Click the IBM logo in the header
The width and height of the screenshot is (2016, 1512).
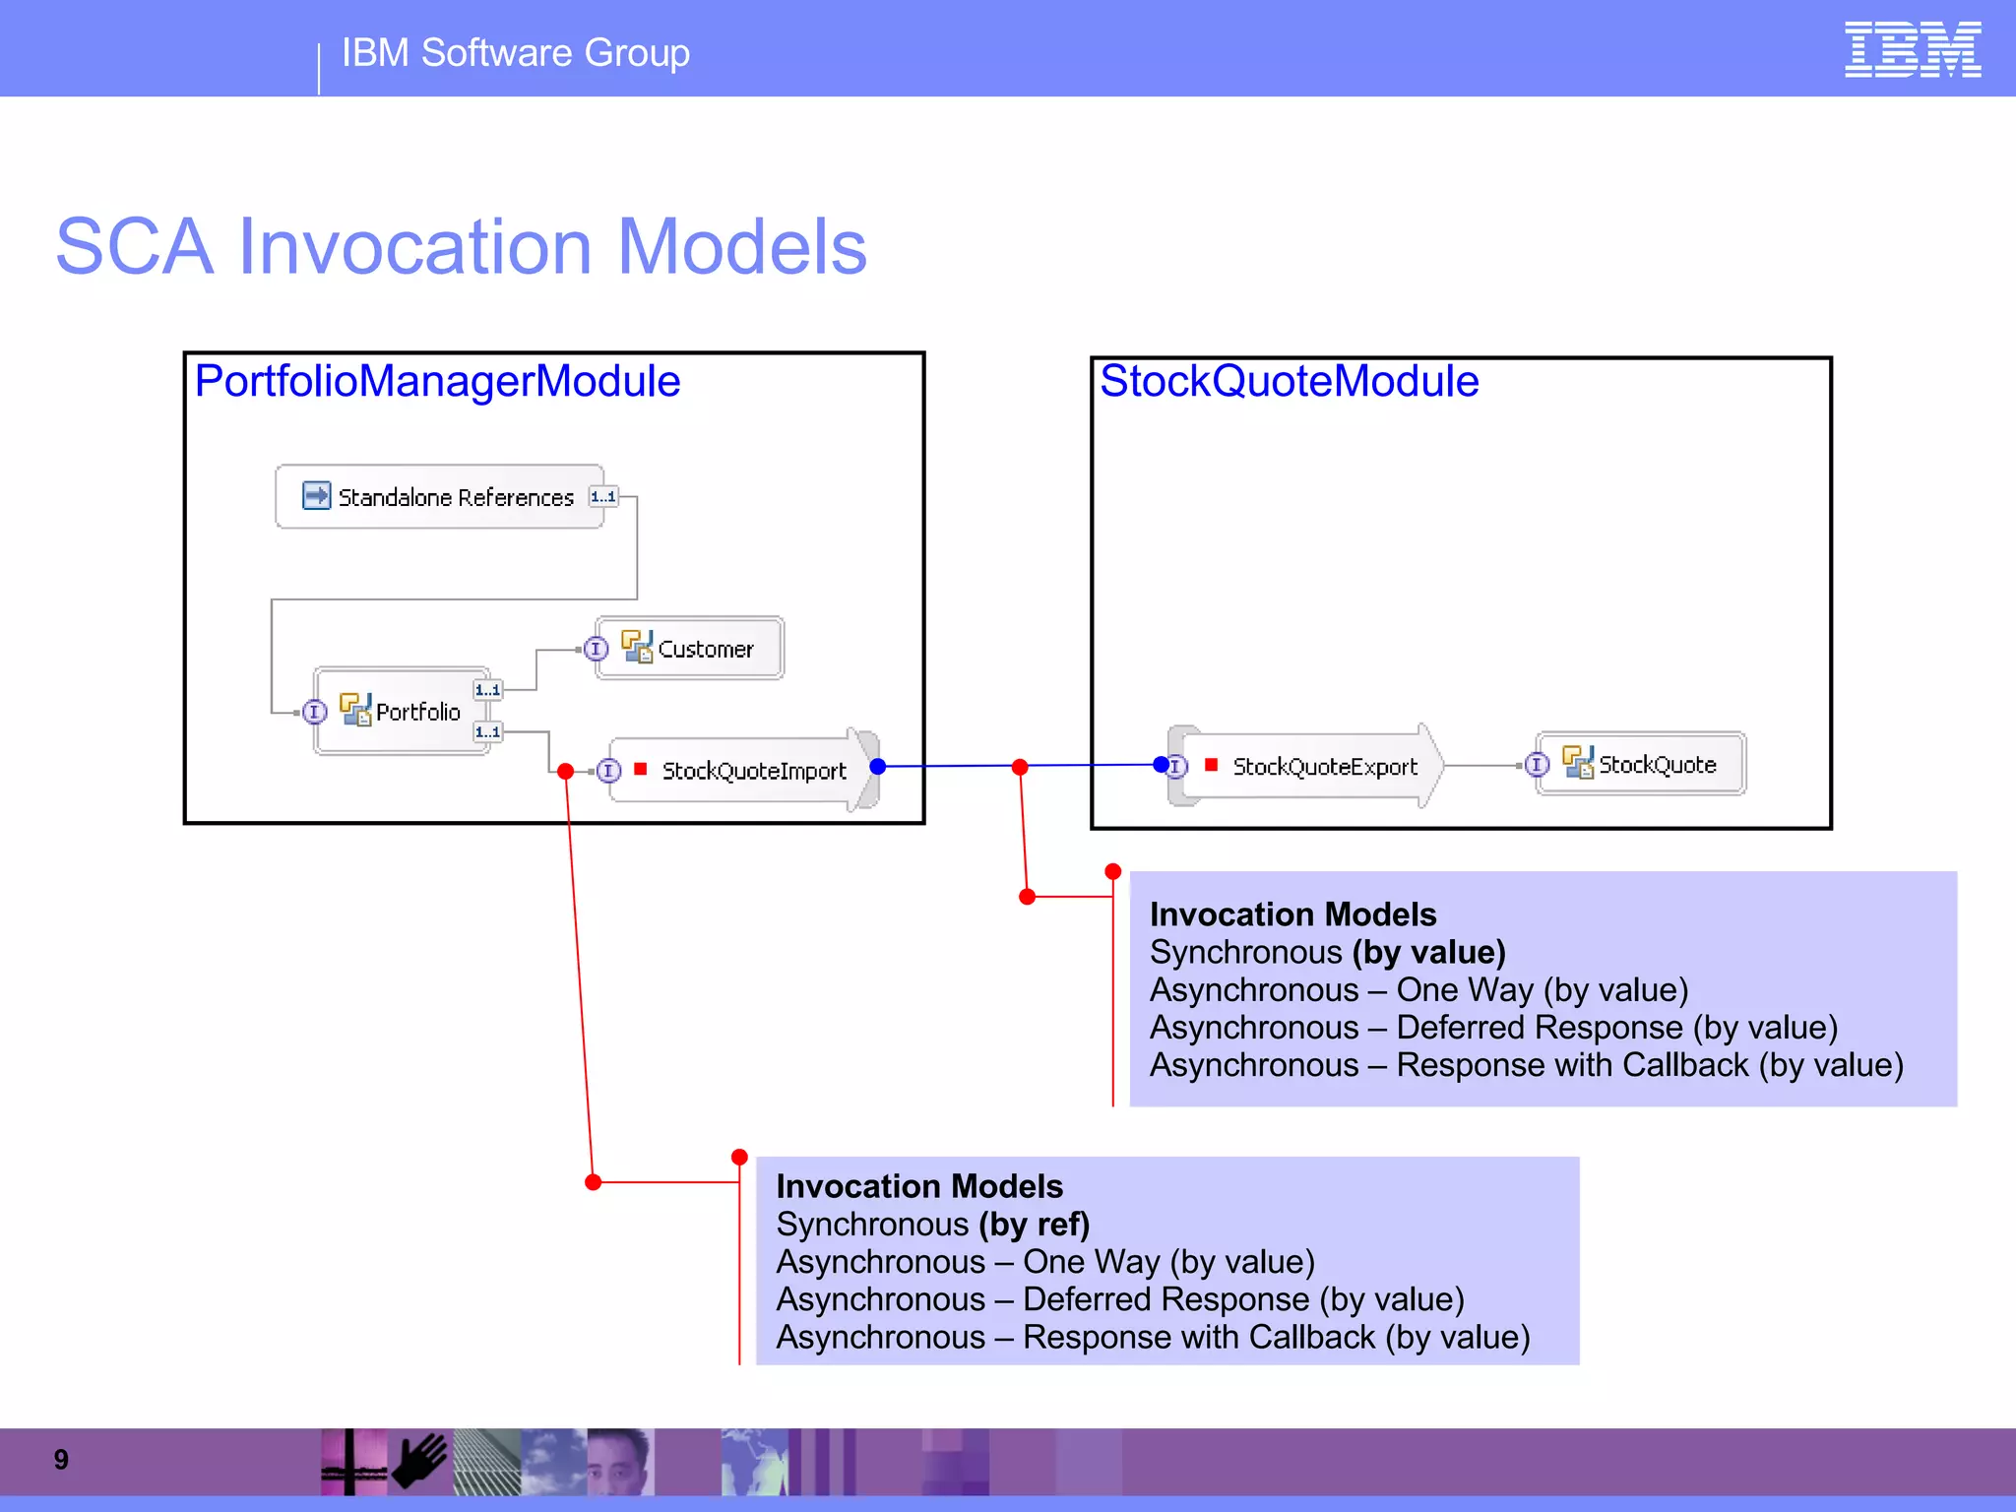(1912, 49)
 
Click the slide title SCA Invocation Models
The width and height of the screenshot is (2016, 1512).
(461, 246)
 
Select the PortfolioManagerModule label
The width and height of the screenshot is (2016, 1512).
(437, 381)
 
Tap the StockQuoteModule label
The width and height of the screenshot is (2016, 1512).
(1289, 381)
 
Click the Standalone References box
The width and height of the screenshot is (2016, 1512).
(440, 497)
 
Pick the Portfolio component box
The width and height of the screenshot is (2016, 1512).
(402, 711)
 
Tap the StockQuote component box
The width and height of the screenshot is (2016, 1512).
(1642, 764)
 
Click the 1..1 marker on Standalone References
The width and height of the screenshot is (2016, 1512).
(603, 497)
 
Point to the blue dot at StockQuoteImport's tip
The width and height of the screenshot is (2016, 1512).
(878, 767)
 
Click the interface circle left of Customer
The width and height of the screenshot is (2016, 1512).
(596, 650)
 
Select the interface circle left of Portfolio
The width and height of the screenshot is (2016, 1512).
(314, 712)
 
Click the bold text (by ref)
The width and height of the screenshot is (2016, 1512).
(1034, 1225)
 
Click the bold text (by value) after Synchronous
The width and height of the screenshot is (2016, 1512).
(1429, 953)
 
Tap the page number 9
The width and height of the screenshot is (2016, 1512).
(61, 1460)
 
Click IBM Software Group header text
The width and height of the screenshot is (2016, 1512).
(515, 53)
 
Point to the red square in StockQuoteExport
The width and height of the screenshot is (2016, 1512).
(1212, 765)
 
